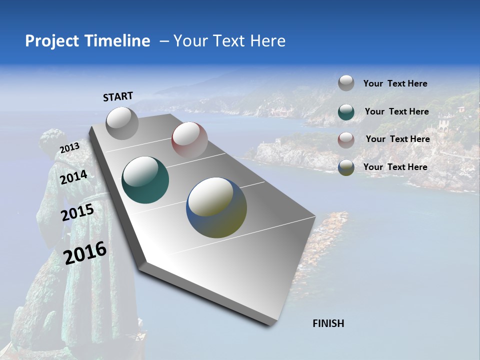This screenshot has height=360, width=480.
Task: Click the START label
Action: click(x=118, y=96)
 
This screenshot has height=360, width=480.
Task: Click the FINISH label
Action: click(x=328, y=323)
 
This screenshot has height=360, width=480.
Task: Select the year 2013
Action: click(x=69, y=148)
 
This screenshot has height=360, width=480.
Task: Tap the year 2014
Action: click(x=74, y=177)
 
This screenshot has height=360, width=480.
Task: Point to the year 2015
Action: click(x=77, y=212)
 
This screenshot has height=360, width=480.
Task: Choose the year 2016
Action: click(x=85, y=253)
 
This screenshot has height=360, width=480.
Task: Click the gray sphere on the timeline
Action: click(x=122, y=123)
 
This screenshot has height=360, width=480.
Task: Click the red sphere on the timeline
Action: click(x=189, y=140)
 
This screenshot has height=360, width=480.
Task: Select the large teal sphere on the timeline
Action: click(x=145, y=180)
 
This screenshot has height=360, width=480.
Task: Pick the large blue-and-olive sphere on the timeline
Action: click(x=216, y=207)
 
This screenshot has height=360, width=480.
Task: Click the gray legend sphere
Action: click(x=346, y=83)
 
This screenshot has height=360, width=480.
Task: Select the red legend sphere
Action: click(x=346, y=139)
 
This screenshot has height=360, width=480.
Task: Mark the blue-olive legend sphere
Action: click(x=346, y=167)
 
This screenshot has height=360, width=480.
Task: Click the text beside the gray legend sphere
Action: click(x=395, y=83)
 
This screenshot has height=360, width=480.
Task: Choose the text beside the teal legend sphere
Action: click(x=396, y=111)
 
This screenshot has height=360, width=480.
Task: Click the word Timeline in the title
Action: click(x=119, y=41)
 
